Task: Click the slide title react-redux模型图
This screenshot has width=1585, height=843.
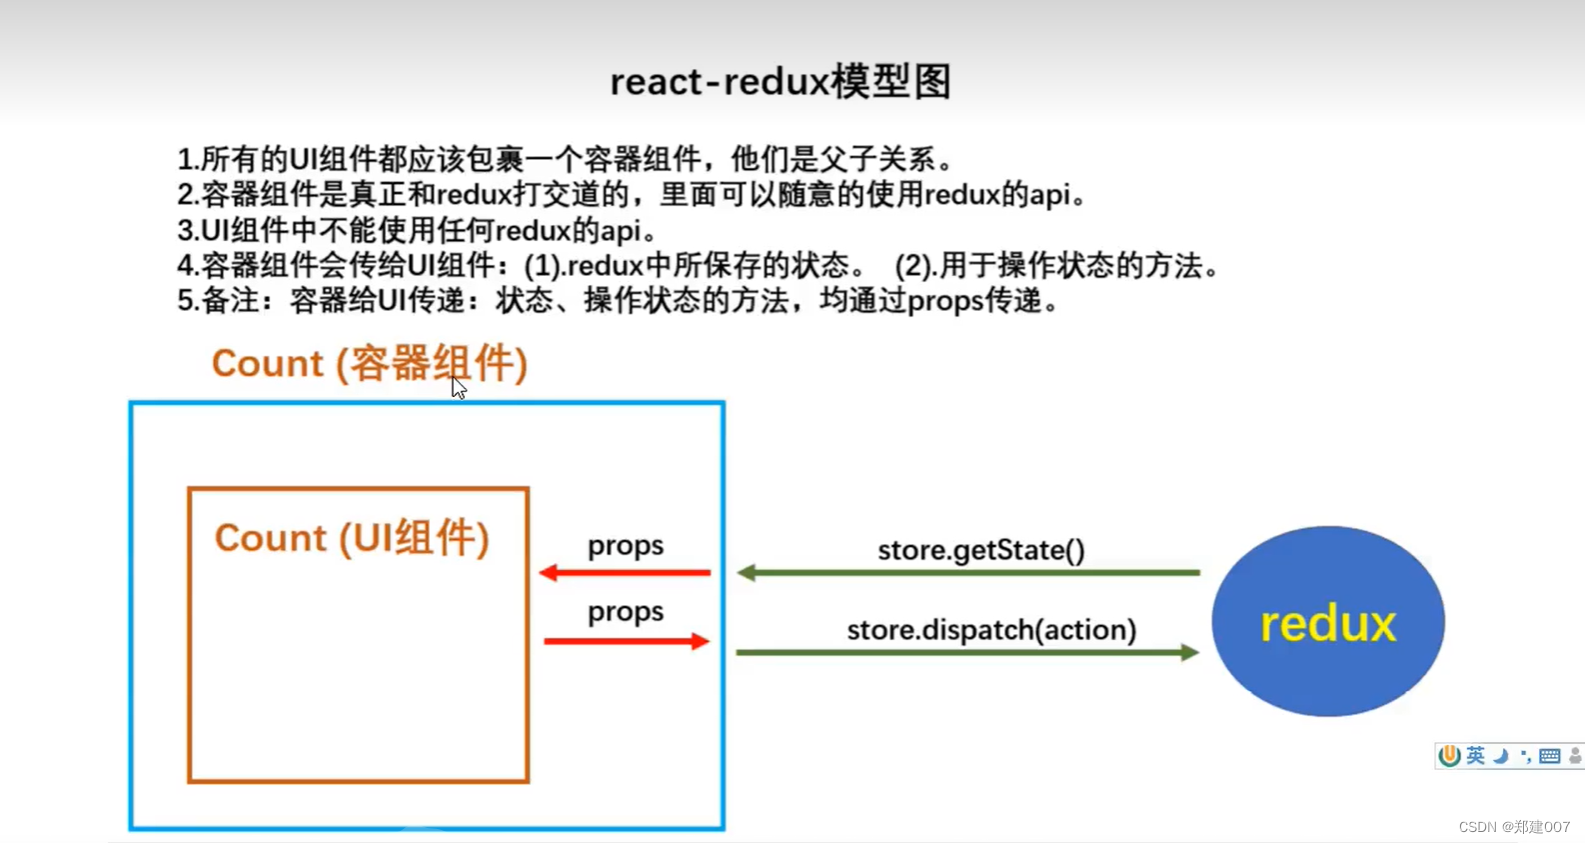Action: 780,82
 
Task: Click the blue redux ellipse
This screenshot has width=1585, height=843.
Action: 1327,621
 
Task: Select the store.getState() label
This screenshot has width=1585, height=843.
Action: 980,550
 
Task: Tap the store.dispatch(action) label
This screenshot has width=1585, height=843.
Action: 991,630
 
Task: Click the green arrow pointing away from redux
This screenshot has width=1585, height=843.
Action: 967,573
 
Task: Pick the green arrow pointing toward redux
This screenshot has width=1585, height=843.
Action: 967,653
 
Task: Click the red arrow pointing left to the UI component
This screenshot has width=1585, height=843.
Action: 625,573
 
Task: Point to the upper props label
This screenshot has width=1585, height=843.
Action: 625,546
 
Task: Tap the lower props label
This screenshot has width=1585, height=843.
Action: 625,612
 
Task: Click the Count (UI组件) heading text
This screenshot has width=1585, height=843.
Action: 352,538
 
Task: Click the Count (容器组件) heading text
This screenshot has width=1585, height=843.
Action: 369,364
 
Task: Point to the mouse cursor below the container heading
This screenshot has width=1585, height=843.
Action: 458,389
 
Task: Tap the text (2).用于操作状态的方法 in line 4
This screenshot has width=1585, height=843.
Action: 1056,266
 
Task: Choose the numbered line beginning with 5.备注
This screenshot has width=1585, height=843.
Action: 618,300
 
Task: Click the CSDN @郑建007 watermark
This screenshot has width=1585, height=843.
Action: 1513,827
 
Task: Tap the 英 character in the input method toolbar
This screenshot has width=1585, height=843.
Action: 1475,756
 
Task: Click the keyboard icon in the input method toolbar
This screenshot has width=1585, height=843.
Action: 1549,756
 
